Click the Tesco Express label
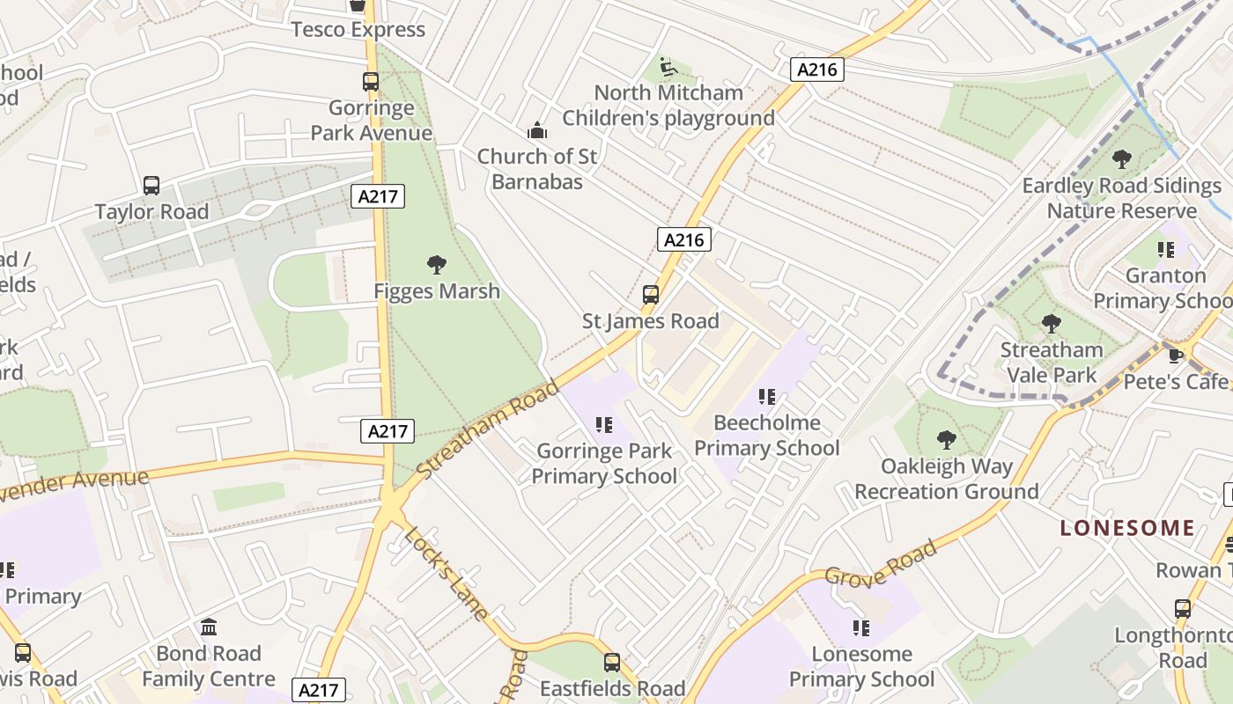pyautogui.click(x=358, y=29)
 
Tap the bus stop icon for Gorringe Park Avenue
pyautogui.click(x=371, y=82)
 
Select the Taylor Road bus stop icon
pyautogui.click(x=151, y=186)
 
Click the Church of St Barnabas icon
pyautogui.click(x=537, y=131)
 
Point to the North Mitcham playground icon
pyautogui.click(x=668, y=67)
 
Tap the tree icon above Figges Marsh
pyautogui.click(x=436, y=265)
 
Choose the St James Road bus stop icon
pyautogui.click(x=651, y=295)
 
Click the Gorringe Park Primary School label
pyautogui.click(x=604, y=464)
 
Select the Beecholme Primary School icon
pyautogui.click(x=767, y=397)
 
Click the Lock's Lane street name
pyautogui.click(x=446, y=574)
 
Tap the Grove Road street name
pyautogui.click(x=881, y=563)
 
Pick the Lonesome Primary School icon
pyautogui.click(x=860, y=628)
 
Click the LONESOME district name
pyautogui.click(x=1127, y=528)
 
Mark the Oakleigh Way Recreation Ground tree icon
pyautogui.click(x=947, y=440)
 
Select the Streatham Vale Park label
pyautogui.click(x=1051, y=363)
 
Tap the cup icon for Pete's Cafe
pyautogui.click(x=1175, y=356)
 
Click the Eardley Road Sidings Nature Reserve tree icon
pyautogui.click(x=1122, y=159)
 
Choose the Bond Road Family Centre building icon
pyautogui.click(x=209, y=627)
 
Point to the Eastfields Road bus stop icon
pyautogui.click(x=612, y=663)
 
